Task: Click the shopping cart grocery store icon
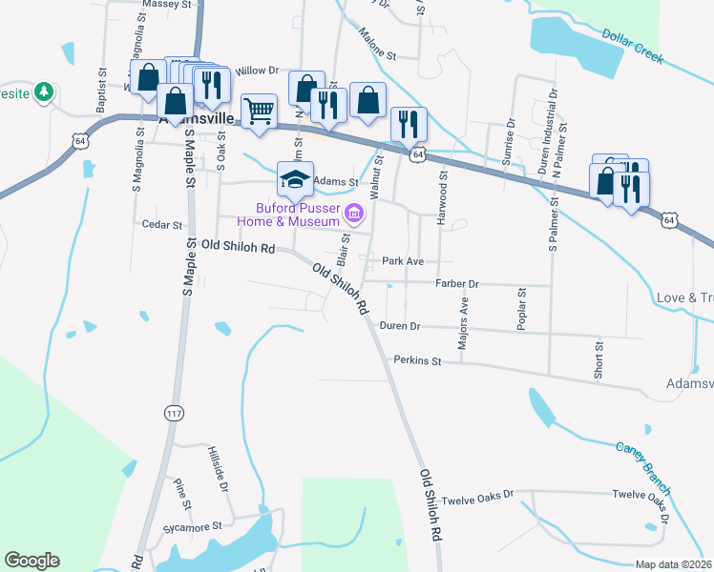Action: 259,110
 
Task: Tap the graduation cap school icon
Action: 296,178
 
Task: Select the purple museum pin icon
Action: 355,213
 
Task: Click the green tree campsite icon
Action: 43,92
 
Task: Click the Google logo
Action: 31,561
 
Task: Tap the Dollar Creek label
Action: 632,46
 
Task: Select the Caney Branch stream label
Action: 644,462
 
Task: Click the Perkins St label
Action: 417,361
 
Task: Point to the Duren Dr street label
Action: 400,325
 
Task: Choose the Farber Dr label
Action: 456,283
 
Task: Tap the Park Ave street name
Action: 402,260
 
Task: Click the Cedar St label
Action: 161,225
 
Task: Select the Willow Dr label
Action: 256,71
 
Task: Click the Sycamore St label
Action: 197,525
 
